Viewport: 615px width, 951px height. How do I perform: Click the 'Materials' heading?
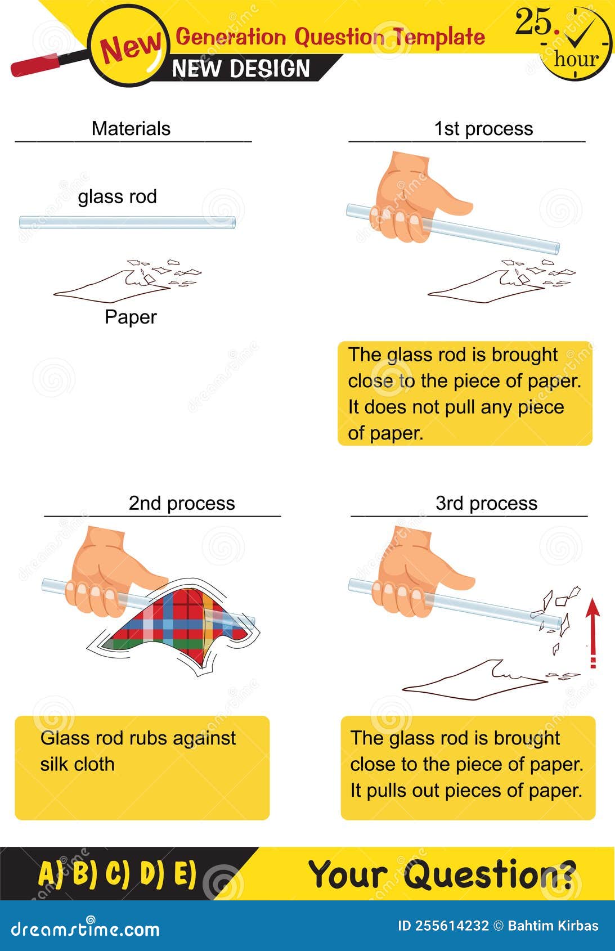131,129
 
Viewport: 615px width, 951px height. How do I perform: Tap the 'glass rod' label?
117,197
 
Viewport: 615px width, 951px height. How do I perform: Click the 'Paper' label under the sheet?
131,317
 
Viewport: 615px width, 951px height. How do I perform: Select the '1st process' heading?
483,129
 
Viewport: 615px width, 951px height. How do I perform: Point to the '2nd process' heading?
181,503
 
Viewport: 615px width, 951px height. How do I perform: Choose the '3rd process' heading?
486,503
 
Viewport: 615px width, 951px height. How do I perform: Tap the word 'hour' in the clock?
576,59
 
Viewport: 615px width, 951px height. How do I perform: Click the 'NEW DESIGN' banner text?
241,69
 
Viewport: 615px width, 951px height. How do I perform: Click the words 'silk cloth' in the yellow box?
77,764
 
